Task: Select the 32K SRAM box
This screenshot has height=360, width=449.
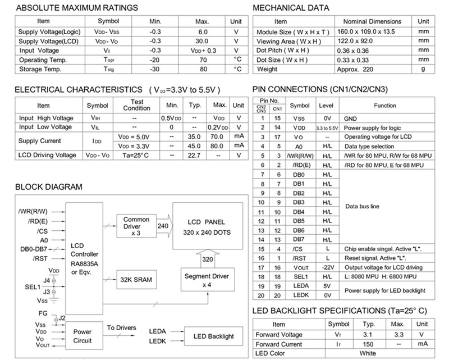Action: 135,279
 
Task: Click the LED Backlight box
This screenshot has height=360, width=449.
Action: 214,336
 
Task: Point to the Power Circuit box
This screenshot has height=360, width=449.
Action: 83,336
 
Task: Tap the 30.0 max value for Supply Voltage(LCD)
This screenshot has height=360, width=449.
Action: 202,41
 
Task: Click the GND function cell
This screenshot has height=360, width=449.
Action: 350,119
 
